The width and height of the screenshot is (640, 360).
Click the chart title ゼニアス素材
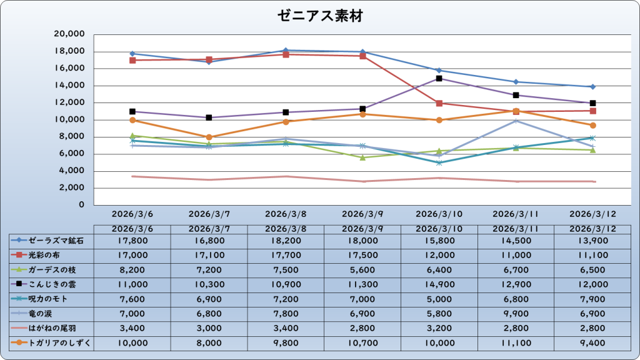pos(320,16)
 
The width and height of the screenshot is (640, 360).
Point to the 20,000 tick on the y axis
pos(71,34)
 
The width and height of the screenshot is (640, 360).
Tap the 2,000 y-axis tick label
pos(73,187)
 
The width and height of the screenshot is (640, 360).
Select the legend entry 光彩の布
pos(47,254)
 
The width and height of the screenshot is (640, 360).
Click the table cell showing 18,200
pos(286,240)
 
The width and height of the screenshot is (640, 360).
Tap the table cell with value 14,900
pos(439,284)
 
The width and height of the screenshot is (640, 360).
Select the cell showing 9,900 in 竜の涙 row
pos(516,313)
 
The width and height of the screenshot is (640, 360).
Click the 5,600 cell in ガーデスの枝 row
pos(362,269)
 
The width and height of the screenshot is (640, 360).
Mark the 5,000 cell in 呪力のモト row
pos(439,299)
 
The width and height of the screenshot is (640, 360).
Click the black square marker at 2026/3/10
pos(439,78)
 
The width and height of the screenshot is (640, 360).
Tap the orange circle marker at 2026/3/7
pos(209,137)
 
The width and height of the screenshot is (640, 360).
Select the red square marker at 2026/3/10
pos(439,103)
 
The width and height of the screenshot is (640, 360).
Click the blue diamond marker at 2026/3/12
pos(592,87)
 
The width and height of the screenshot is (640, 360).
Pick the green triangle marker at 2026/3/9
pos(362,157)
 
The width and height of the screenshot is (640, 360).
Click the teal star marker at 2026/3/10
pos(439,162)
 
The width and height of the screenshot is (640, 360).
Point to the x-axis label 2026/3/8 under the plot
pos(286,214)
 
